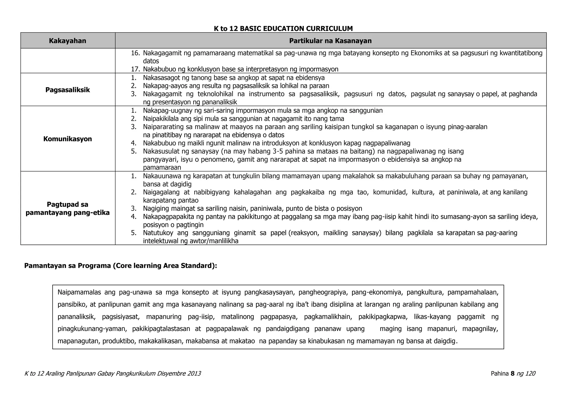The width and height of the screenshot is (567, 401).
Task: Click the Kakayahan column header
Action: tap(68, 41)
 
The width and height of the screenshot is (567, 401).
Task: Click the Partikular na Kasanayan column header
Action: tap(330, 41)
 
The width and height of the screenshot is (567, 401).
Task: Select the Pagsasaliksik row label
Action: tap(68, 90)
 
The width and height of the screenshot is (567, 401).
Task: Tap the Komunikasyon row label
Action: tap(68, 139)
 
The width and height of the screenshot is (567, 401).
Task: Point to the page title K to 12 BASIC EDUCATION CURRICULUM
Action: tap(283, 29)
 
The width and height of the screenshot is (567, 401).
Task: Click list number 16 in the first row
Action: tap(135, 53)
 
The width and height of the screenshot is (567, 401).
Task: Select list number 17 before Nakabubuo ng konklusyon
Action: tap(135, 69)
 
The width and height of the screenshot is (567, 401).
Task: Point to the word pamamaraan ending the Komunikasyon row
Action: tap(162, 167)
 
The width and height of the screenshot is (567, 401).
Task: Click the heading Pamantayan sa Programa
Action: tap(120, 266)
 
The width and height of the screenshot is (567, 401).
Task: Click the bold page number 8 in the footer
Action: tap(512, 374)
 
